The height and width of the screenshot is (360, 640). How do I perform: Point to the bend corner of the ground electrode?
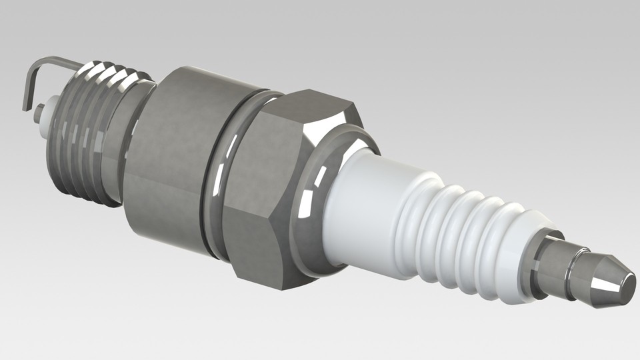click(x=33, y=64)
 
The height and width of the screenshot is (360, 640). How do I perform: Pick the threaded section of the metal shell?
click(x=87, y=133)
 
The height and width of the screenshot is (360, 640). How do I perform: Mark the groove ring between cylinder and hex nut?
click(x=217, y=180)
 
